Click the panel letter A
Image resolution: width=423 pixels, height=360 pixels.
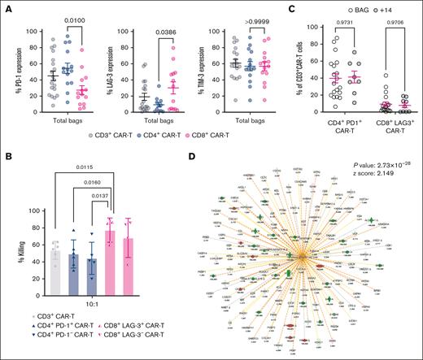[x=6, y=7]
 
